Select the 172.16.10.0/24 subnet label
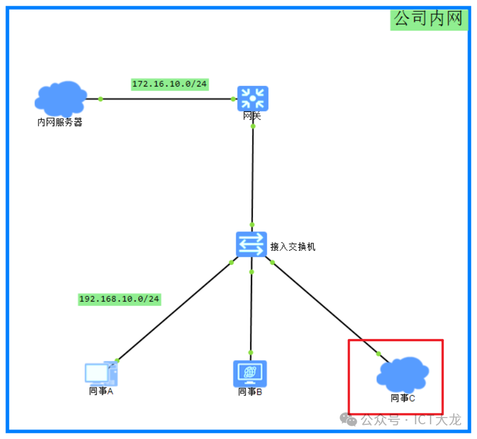[170, 84]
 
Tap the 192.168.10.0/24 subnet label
[119, 299]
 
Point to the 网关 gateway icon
[253, 98]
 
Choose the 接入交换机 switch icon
[251, 244]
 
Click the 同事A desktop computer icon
[101, 373]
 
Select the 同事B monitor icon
[250, 373]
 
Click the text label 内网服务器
[60, 122]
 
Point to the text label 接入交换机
[293, 247]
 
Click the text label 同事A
[101, 391]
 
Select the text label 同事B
[250, 391]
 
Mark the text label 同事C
[403, 398]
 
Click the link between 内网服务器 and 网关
[167, 99]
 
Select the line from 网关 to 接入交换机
[253, 175]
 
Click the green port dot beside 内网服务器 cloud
[101, 99]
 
